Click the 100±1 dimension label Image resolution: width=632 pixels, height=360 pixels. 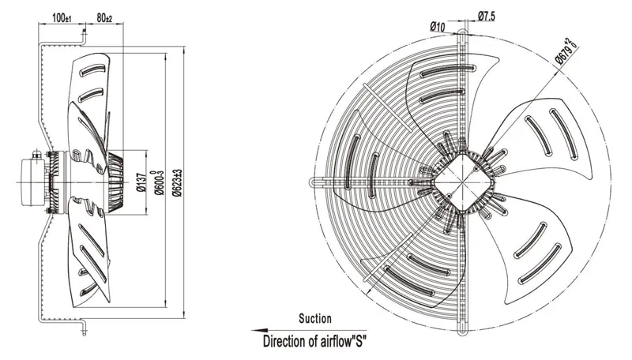(x=62, y=17)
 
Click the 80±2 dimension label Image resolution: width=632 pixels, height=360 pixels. (x=104, y=17)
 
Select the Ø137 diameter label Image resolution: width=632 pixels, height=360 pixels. (x=141, y=182)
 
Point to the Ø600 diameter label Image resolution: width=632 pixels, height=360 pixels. (x=160, y=182)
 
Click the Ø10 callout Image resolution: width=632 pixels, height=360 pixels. (x=438, y=27)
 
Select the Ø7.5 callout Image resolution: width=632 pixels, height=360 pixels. (x=487, y=16)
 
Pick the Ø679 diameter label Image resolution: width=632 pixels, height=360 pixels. (x=566, y=51)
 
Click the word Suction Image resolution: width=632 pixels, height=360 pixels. (x=315, y=318)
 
